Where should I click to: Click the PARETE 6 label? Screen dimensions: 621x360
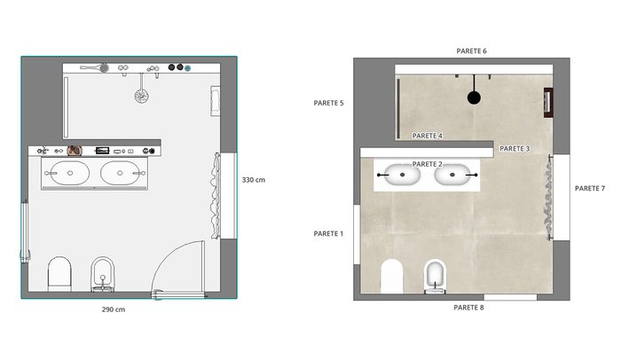(x=471, y=51)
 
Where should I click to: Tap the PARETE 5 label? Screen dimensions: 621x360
(x=328, y=103)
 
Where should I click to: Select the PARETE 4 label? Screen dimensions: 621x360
(x=427, y=136)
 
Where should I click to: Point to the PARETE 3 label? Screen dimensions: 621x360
(x=515, y=148)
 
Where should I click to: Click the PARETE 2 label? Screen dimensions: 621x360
(x=427, y=164)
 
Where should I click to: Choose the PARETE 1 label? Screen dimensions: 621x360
(x=328, y=234)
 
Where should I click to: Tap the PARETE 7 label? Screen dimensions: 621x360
(x=590, y=189)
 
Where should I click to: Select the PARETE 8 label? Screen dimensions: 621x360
(x=468, y=308)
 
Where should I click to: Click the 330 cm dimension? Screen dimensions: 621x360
(x=254, y=180)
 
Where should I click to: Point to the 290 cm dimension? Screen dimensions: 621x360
(x=114, y=309)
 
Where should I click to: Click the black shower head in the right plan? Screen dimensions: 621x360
(x=474, y=98)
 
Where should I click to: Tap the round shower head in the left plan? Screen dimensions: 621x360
(x=141, y=96)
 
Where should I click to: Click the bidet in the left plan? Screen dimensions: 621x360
(x=103, y=274)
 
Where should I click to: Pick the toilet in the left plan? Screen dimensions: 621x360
(x=59, y=274)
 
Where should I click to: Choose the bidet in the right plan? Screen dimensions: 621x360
(x=435, y=277)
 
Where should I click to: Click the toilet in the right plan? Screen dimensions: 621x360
(x=391, y=277)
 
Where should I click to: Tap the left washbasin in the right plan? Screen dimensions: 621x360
(x=402, y=175)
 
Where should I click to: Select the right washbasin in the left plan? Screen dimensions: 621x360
(x=120, y=173)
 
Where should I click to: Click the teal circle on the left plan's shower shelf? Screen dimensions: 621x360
(x=188, y=68)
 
